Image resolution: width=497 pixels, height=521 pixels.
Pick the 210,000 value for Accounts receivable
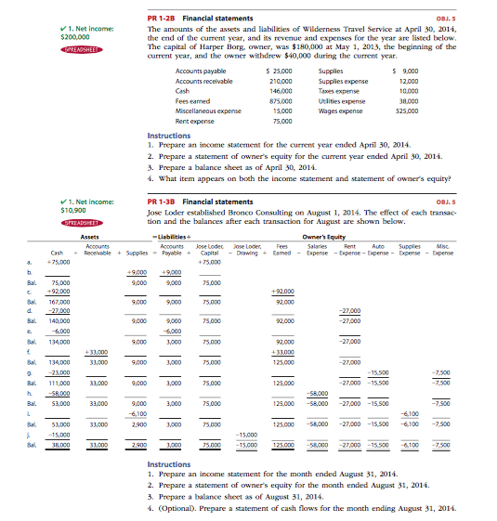pyautogui.click(x=281, y=81)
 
